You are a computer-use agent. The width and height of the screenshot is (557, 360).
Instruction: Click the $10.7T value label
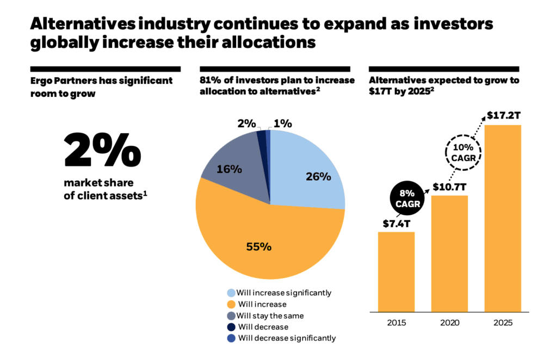449,187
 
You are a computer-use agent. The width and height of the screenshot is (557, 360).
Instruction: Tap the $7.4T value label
396,223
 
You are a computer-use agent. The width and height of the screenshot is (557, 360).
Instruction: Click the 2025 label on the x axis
503,322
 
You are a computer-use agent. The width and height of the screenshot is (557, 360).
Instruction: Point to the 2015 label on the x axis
396,322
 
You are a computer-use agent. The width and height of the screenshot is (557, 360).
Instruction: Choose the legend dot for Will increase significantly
231,293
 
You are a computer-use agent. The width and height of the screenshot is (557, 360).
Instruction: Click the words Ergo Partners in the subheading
64,80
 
